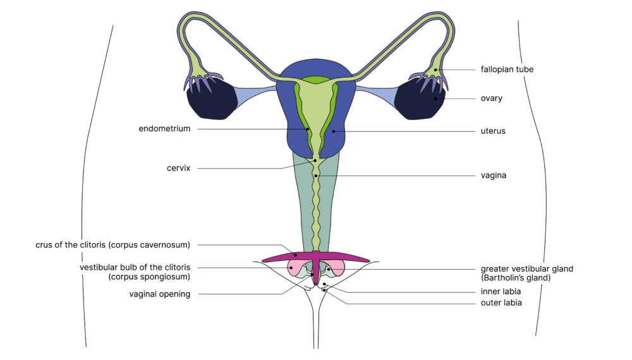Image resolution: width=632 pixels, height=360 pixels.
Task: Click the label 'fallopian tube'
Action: [x=507, y=69]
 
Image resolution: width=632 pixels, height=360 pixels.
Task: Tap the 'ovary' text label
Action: [x=491, y=99]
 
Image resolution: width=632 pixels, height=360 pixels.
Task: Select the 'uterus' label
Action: [x=493, y=131]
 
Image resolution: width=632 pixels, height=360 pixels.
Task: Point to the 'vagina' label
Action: [x=493, y=176]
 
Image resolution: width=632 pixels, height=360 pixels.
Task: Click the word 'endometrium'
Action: [x=164, y=129]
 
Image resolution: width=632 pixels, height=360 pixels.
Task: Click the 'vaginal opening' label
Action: [x=159, y=294]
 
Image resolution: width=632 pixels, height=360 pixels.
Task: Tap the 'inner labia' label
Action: [x=501, y=292]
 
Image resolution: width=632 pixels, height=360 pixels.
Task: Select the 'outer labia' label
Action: [x=501, y=303]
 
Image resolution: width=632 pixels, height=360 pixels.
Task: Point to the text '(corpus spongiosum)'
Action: [x=149, y=277]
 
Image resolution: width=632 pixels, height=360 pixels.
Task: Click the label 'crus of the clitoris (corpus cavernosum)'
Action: [x=113, y=244]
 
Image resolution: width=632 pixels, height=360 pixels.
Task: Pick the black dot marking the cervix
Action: [x=315, y=160]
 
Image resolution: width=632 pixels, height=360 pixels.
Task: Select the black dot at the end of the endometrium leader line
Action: [x=308, y=129]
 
